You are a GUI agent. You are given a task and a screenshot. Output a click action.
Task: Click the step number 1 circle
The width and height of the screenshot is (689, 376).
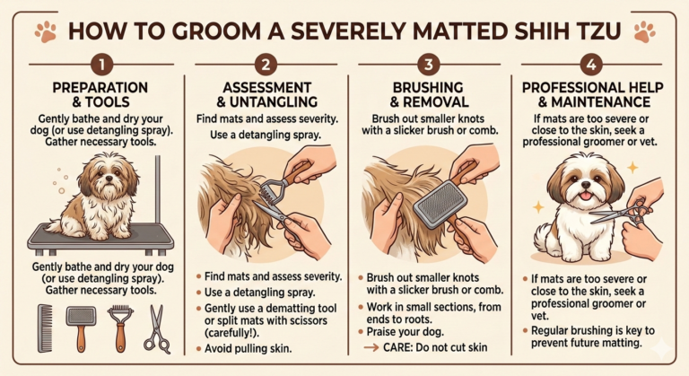click(x=101, y=65)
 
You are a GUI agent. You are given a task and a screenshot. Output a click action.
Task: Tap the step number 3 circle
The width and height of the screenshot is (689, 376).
click(x=429, y=65)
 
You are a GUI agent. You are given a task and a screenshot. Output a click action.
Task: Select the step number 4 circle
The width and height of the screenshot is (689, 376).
click(x=591, y=65)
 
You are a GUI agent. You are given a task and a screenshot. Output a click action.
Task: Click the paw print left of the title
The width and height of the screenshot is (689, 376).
click(x=47, y=31)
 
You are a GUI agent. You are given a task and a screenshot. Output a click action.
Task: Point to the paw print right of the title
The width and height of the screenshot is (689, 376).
click(x=644, y=31)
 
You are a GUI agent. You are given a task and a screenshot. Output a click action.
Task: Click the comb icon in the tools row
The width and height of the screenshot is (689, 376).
click(x=45, y=328)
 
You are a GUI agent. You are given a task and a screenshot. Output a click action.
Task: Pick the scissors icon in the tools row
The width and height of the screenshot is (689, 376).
click(x=156, y=329)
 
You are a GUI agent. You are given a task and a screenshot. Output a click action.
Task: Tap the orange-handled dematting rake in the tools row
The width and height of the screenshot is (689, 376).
click(x=120, y=328)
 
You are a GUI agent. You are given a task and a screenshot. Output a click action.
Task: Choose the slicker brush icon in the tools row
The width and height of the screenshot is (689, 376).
click(x=81, y=328)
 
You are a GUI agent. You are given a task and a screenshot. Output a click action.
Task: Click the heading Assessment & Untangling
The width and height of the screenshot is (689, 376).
click(x=266, y=94)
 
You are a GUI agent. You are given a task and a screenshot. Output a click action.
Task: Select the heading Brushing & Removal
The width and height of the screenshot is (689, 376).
click(x=429, y=94)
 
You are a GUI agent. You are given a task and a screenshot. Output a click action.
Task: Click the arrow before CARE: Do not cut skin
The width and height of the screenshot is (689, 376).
click(x=371, y=347)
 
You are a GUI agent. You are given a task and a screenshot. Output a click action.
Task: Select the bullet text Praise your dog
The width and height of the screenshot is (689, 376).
click(x=406, y=332)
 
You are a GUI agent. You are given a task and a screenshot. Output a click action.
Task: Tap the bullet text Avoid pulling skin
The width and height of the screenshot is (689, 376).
click(x=248, y=349)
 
